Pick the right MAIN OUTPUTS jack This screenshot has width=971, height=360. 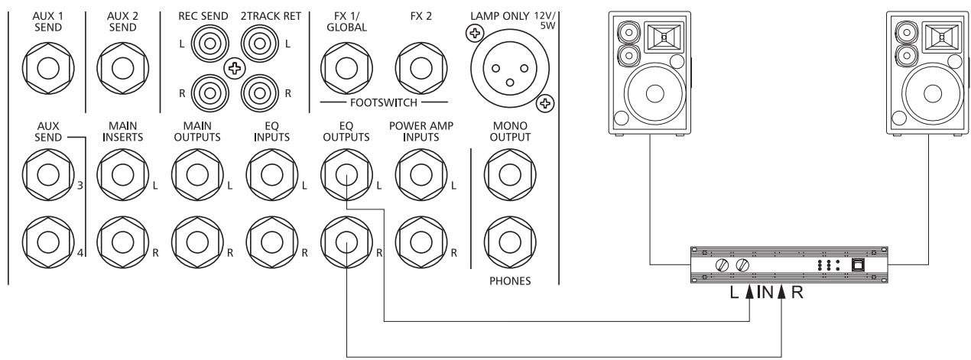[193, 245]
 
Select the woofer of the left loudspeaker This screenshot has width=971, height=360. [654, 95]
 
